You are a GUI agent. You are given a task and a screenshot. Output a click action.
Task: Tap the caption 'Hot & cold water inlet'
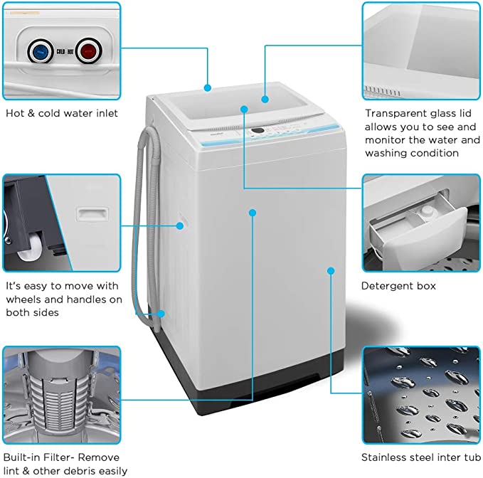point(62,112)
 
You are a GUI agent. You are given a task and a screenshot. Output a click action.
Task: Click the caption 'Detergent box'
point(398,286)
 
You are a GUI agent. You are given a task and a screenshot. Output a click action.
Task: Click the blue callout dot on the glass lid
point(265,100)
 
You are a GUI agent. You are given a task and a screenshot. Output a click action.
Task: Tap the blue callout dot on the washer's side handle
point(181,225)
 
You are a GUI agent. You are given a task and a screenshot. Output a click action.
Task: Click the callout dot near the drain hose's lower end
point(163,314)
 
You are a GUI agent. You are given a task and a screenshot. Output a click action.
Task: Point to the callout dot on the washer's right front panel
point(331,270)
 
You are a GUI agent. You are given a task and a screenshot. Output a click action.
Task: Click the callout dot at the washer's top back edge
point(208,88)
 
